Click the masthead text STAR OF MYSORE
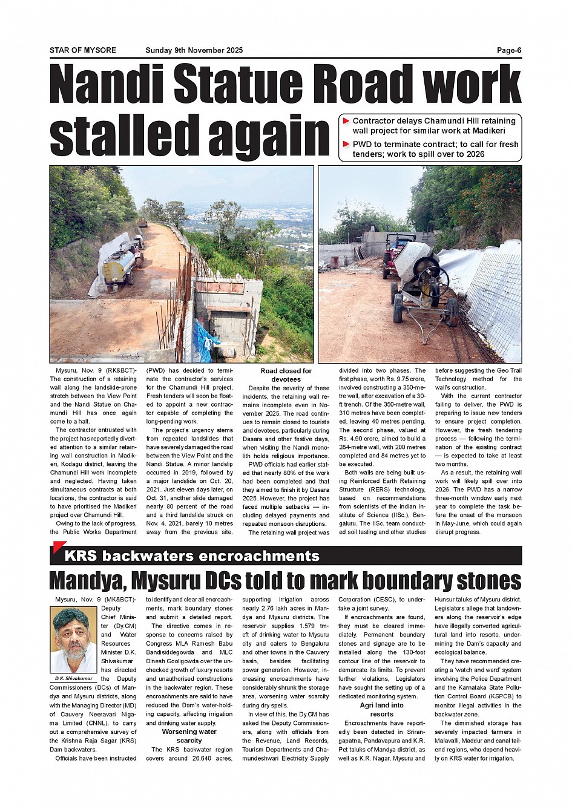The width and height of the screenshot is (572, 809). click(83, 50)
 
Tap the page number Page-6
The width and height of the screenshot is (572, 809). click(509, 50)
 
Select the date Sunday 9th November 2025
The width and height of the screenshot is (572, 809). click(194, 50)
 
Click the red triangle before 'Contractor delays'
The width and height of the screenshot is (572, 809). click(346, 121)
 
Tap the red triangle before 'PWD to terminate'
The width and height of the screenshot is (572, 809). click(346, 144)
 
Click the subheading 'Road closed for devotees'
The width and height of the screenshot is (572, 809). click(286, 375)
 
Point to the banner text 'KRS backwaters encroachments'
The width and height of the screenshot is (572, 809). click(192, 555)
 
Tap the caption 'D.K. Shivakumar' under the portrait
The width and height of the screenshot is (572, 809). click(74, 678)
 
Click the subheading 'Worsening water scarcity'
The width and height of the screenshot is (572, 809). click(189, 736)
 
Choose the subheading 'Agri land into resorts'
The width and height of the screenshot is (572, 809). click(381, 710)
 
